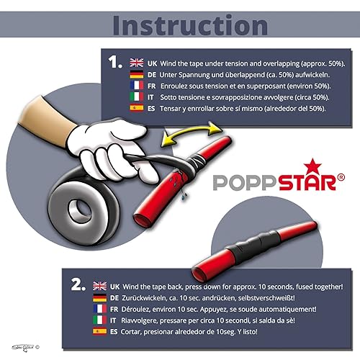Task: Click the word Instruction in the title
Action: click(x=190, y=25)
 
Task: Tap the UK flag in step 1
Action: click(x=137, y=63)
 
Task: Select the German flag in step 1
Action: click(x=137, y=74)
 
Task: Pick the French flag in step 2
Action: click(x=100, y=309)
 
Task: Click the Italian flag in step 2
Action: click(x=100, y=320)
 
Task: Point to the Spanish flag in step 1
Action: click(x=137, y=108)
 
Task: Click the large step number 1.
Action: click(x=115, y=62)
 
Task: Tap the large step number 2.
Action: click(x=78, y=285)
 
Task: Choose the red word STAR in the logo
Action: click(x=307, y=183)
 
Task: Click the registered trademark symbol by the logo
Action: click(x=341, y=177)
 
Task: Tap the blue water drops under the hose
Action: click(x=184, y=196)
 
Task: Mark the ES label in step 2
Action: click(x=114, y=332)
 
